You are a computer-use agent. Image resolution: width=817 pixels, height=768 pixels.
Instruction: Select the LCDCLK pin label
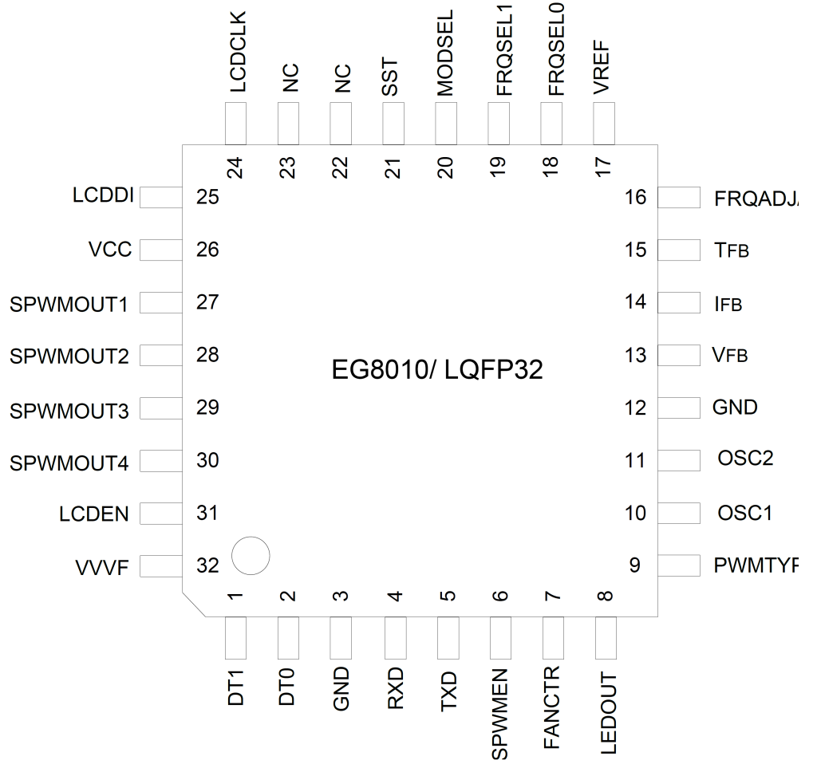pyautogui.click(x=236, y=53)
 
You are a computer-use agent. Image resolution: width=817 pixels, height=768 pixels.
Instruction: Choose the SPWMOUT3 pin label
pyautogui.click(x=69, y=412)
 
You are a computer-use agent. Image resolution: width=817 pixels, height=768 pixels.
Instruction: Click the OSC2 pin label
pyautogui.click(x=745, y=459)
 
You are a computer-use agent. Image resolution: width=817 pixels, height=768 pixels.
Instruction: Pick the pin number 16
pyautogui.click(x=636, y=197)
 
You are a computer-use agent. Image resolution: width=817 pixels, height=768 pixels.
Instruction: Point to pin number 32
pyautogui.click(x=207, y=566)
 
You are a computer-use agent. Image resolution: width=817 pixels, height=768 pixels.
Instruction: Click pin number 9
pyautogui.click(x=635, y=566)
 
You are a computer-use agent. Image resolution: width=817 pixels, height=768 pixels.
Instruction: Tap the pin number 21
pyautogui.click(x=393, y=167)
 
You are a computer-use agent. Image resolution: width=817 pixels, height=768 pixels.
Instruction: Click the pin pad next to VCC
pyautogui.click(x=161, y=250)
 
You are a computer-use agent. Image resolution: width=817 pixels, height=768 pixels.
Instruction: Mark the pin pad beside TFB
pyautogui.click(x=678, y=250)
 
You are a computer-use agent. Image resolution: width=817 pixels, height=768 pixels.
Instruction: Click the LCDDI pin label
pyautogui.click(x=102, y=196)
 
